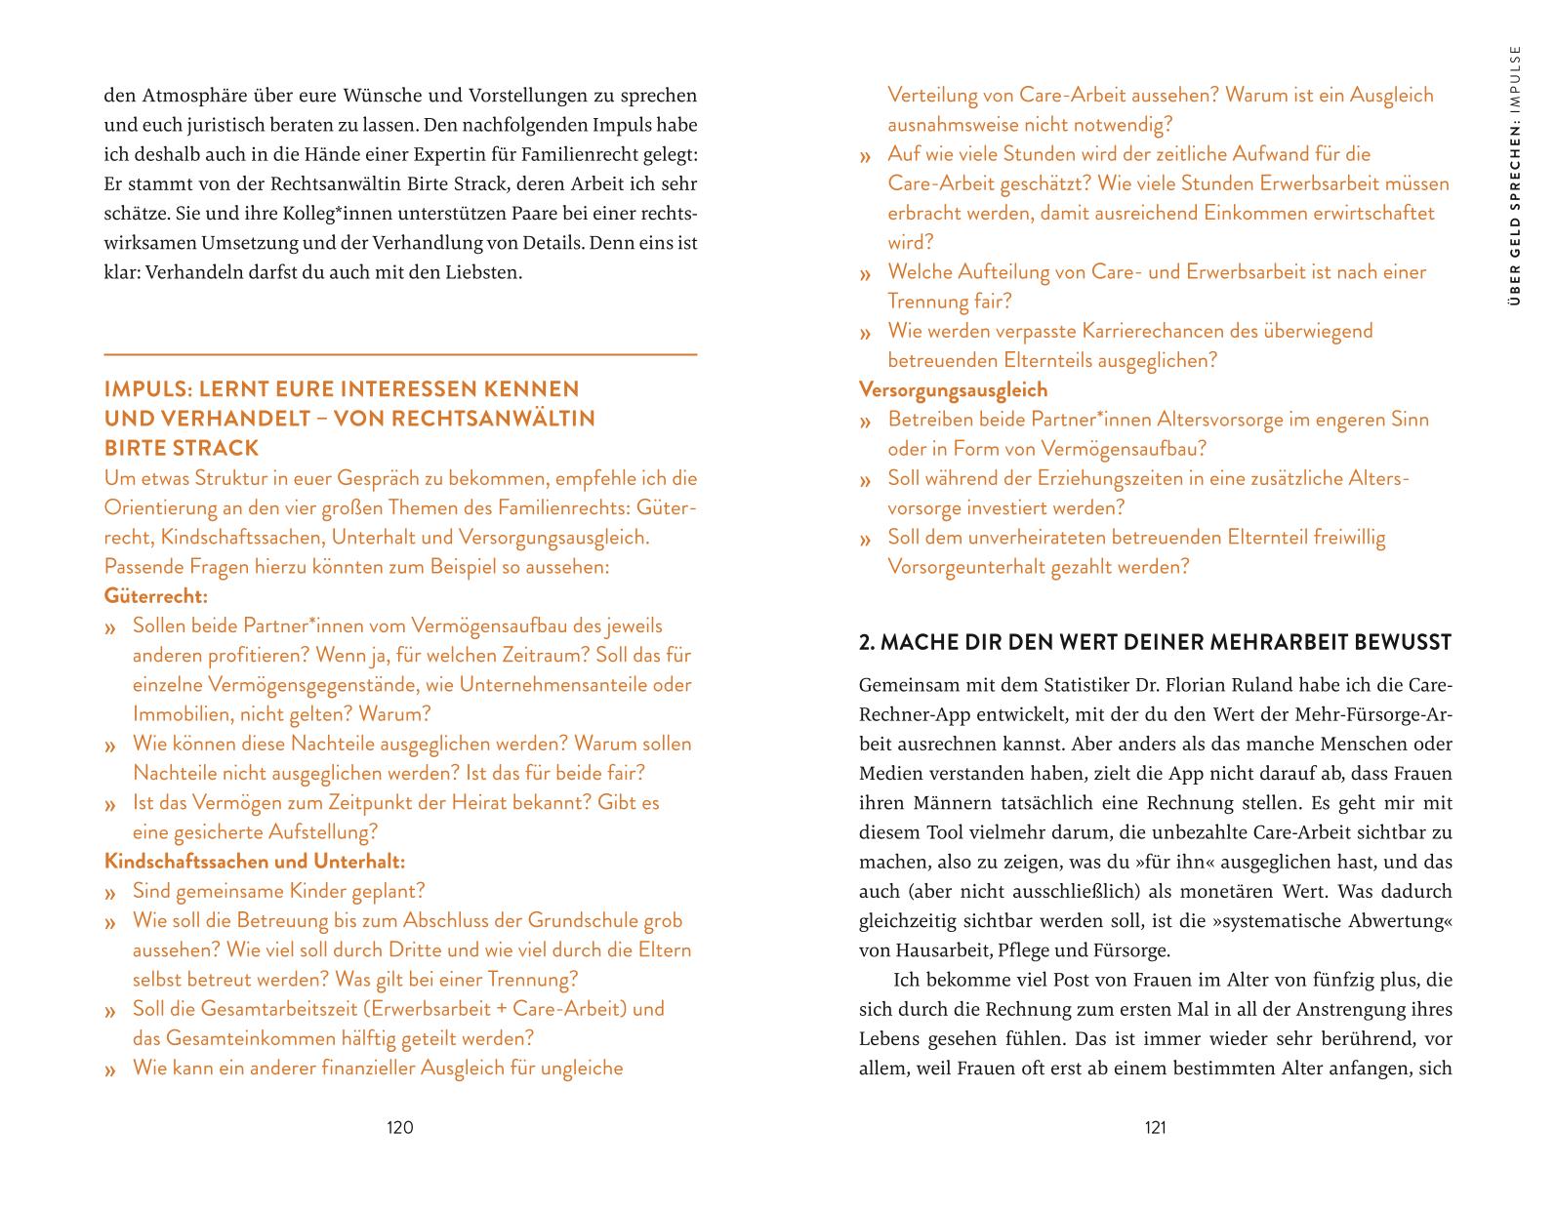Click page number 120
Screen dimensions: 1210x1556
point(400,1128)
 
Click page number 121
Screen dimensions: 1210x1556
point(1155,1128)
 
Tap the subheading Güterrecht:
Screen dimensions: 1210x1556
point(156,595)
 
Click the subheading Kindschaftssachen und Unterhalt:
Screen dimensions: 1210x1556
point(254,862)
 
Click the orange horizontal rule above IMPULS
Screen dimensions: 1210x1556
point(400,354)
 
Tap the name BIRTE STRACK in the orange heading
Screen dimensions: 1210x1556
point(182,449)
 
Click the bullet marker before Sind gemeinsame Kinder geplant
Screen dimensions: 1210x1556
point(112,893)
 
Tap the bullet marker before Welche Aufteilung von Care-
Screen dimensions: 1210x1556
point(865,274)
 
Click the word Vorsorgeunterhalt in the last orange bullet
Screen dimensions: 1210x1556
point(966,567)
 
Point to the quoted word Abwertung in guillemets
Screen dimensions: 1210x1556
point(1389,921)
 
